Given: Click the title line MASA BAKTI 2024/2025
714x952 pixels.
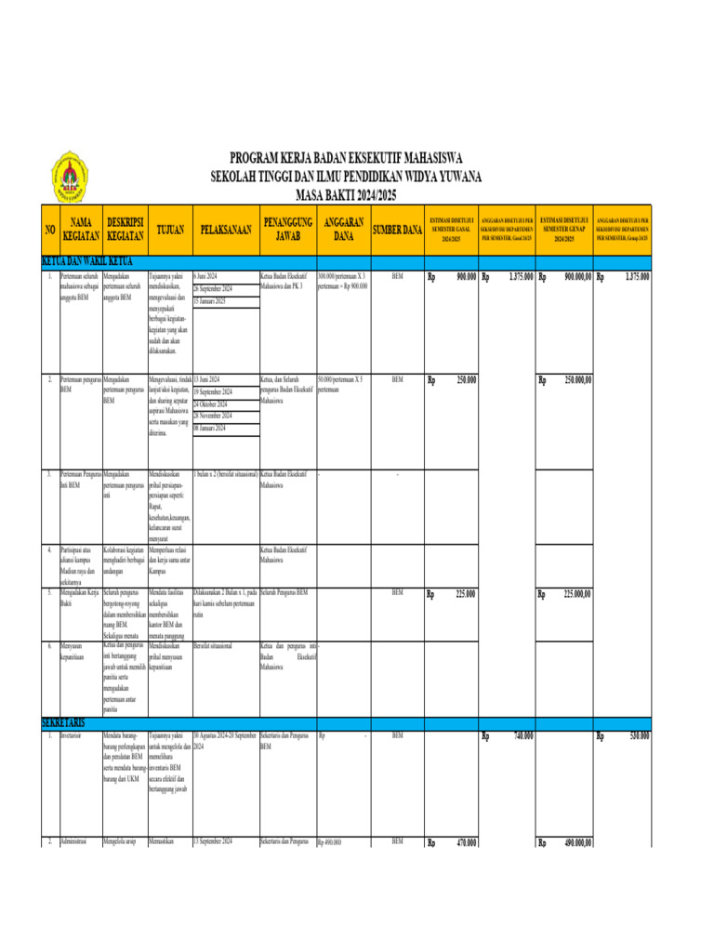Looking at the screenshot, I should (x=346, y=193).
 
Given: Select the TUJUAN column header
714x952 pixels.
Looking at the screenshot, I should (x=167, y=229).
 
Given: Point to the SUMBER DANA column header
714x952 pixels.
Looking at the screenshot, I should (x=397, y=229).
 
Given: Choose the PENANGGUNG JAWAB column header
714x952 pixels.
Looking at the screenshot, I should (x=287, y=229).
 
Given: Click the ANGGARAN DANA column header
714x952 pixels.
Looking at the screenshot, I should (x=343, y=229).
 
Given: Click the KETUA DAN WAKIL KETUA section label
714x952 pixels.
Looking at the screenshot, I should (x=93, y=261).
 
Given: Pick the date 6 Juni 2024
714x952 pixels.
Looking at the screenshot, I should (x=206, y=277).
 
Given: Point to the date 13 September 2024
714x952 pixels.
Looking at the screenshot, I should (x=212, y=841).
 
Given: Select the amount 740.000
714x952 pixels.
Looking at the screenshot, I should (x=523, y=736).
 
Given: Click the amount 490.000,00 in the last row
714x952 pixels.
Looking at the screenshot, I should (x=577, y=843).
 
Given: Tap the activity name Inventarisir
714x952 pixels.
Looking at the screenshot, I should (x=72, y=735).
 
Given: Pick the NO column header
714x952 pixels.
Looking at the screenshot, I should (x=49, y=229).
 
